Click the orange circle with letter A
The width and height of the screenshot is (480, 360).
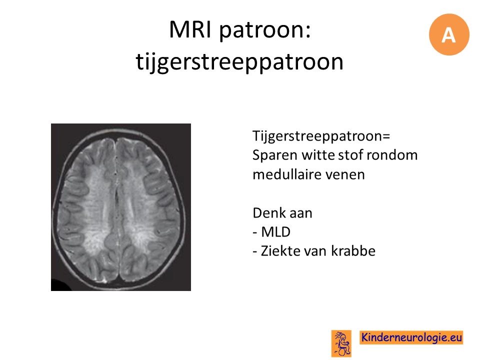(449, 34)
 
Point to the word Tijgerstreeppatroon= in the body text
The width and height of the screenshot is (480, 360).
(321, 136)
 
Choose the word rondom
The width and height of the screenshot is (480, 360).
(392, 155)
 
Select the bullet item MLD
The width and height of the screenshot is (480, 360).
(275, 232)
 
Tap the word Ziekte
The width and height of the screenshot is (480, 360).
(278, 251)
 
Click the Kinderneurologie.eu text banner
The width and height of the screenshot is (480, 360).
(411, 337)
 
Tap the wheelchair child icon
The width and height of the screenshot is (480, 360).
(341, 343)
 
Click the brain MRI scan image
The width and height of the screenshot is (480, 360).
(121, 207)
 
